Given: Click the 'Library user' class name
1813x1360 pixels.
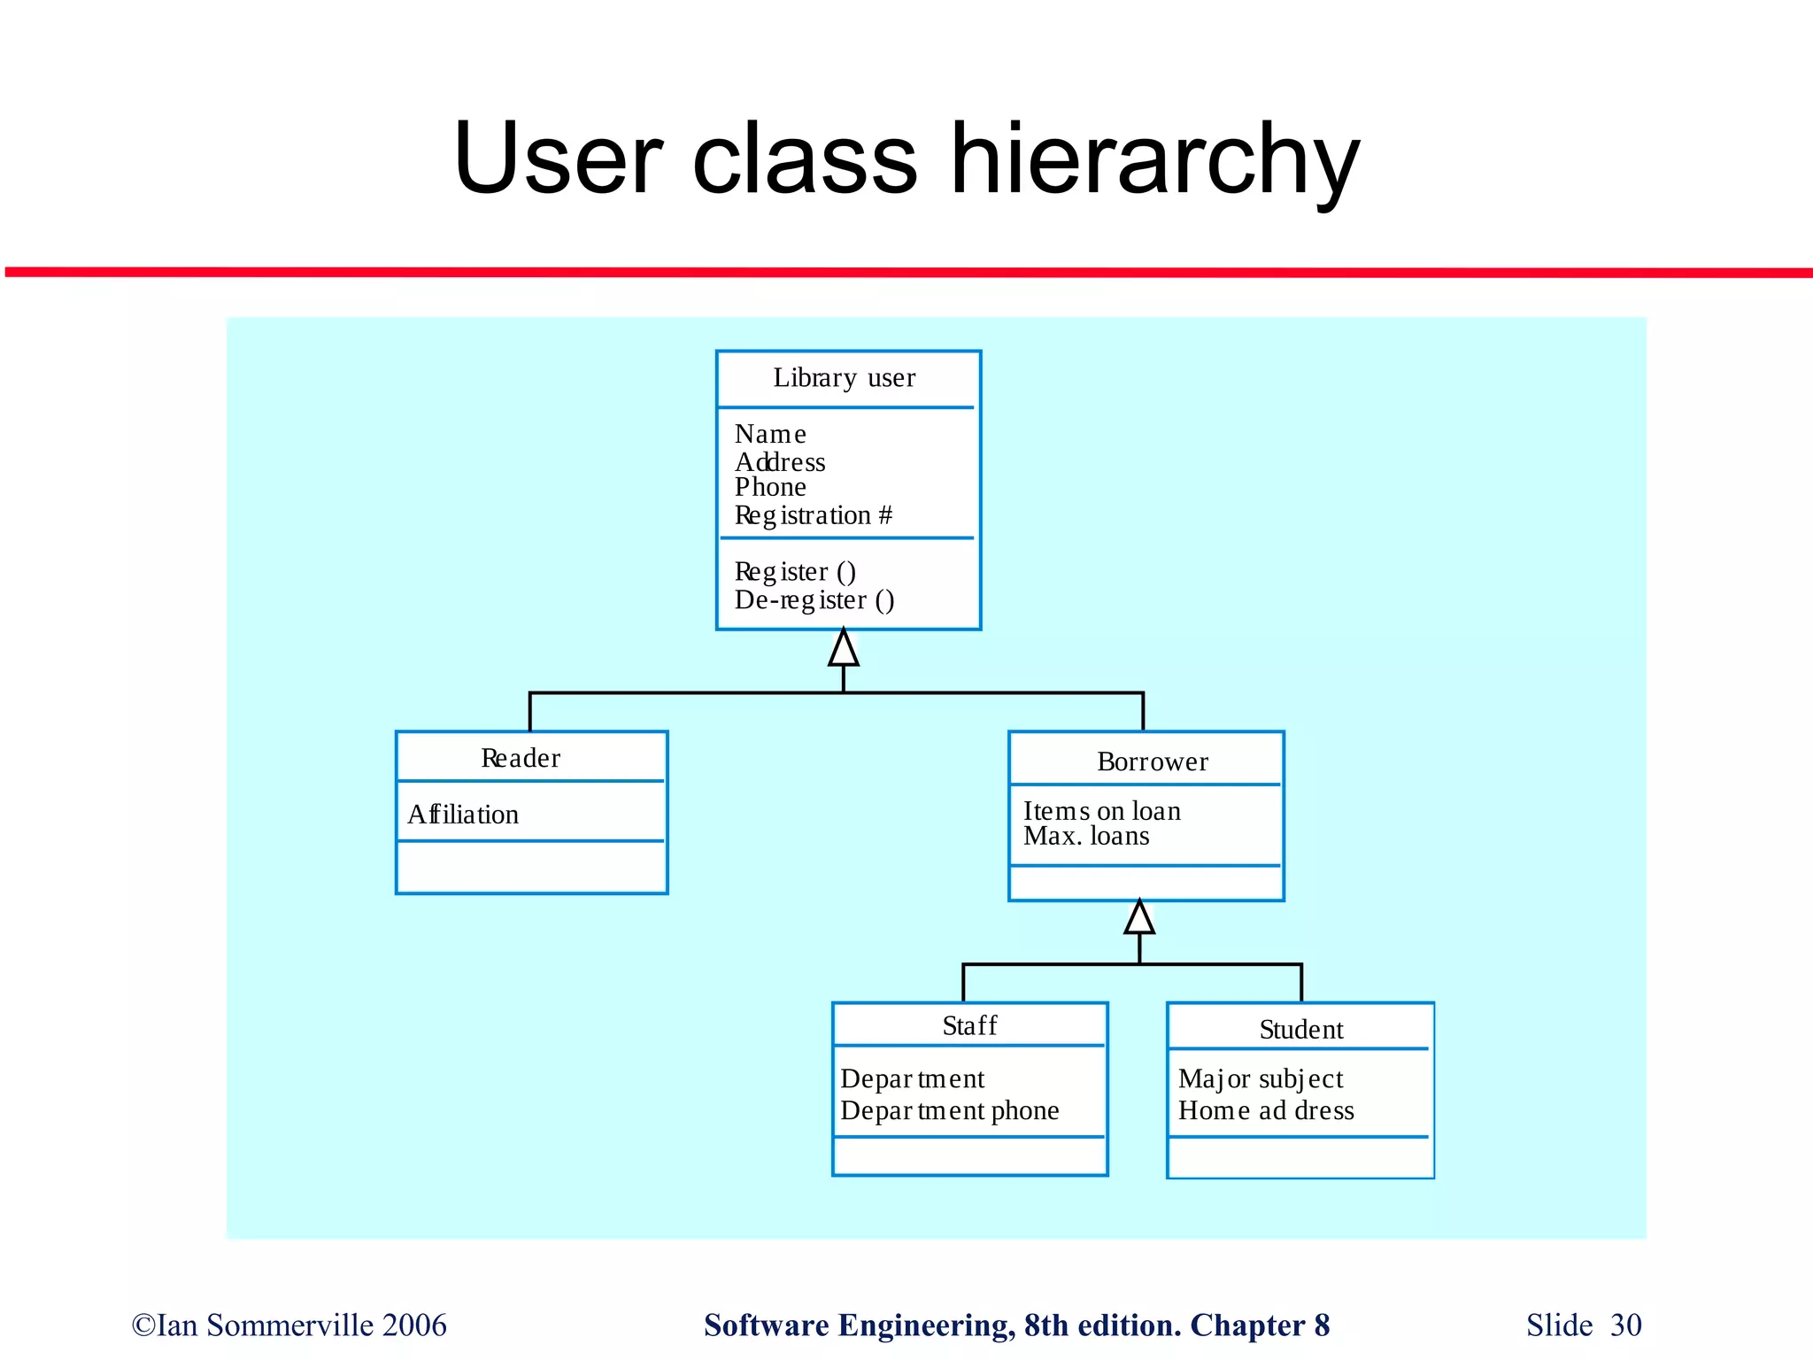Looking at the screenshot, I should pyautogui.click(x=844, y=378).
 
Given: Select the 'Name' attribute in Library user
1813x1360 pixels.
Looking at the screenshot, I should pyautogui.click(x=770, y=434).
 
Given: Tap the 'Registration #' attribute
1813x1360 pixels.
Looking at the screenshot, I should pyautogui.click(x=813, y=515).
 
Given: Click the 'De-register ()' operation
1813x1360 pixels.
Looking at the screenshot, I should pyautogui.click(x=814, y=600).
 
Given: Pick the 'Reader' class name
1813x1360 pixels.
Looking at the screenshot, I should pyautogui.click(x=521, y=758).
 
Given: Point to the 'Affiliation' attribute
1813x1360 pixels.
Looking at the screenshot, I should pyautogui.click(x=463, y=815).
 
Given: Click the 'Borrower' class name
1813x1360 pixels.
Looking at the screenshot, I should pyautogui.click(x=1152, y=761).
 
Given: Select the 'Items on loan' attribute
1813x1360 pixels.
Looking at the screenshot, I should pyautogui.click(x=1101, y=810).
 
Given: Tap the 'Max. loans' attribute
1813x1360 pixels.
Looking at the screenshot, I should pyautogui.click(x=1086, y=836).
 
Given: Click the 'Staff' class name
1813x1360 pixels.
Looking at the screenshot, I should pyautogui.click(x=969, y=1025).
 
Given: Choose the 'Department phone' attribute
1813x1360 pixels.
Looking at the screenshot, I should pyautogui.click(x=949, y=1110).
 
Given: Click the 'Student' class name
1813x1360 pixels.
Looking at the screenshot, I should pyautogui.click(x=1300, y=1029).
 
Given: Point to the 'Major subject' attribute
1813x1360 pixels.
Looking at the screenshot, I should pyautogui.click(x=1260, y=1078).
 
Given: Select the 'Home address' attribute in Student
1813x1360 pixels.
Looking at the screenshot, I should pyautogui.click(x=1265, y=1110).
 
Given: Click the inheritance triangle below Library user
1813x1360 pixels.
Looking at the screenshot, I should pyautogui.click(x=843, y=649).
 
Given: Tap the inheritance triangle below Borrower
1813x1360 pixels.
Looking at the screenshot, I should pyautogui.click(x=1139, y=918).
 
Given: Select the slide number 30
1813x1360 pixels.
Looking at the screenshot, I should pyautogui.click(x=1625, y=1325).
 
